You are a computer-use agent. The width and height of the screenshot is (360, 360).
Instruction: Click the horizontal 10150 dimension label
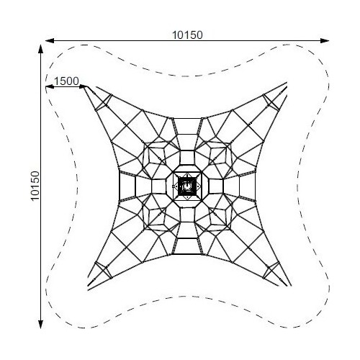[187, 35]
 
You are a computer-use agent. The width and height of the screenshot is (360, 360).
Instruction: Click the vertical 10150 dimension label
[35, 186]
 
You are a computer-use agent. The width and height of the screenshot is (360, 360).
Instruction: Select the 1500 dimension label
[66, 81]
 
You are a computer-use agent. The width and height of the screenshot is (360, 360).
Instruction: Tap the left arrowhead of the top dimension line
[49, 40]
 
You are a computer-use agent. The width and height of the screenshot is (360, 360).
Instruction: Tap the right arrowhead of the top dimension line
[325, 40]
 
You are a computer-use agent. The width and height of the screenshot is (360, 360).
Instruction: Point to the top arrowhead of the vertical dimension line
[40, 48]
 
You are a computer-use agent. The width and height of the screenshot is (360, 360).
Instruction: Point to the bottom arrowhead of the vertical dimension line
[40, 324]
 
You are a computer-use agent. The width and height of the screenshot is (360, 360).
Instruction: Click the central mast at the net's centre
[187, 186]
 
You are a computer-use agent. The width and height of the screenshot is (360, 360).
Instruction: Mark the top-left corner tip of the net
[84, 87]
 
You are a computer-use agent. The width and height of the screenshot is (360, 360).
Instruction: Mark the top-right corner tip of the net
[287, 83]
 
